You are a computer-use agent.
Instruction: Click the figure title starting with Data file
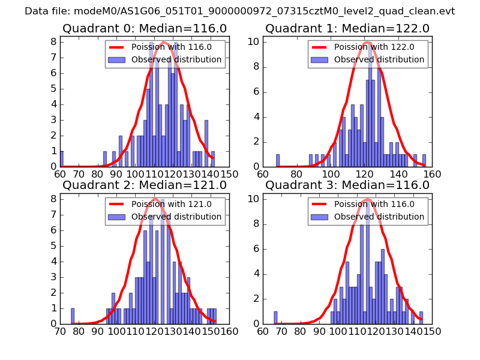coord(240,11)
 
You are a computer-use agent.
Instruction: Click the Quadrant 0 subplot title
coord(144,28)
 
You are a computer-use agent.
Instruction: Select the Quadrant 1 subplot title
coord(347,28)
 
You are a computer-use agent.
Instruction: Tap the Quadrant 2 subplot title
coord(144,185)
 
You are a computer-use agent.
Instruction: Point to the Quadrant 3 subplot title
coord(347,185)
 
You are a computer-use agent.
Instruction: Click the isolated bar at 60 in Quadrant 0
coord(61,159)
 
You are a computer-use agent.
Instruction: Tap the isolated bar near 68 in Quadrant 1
coord(278,160)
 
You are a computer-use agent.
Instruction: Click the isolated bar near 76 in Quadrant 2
coord(73,316)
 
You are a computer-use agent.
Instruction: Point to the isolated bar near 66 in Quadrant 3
coord(275,317)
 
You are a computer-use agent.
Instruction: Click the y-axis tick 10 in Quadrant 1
coord(254,42)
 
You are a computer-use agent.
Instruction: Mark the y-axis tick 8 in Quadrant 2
coord(54,199)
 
